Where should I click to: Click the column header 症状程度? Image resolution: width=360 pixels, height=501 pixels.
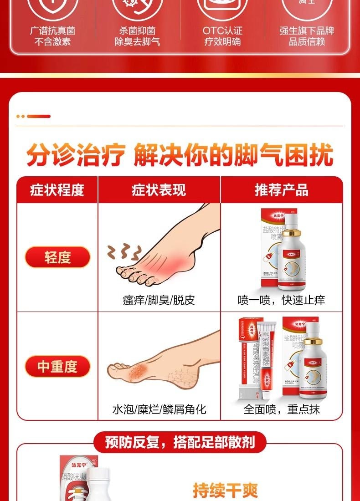pyautogui.click(x=57, y=190)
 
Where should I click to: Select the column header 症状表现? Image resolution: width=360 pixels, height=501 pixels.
pyautogui.click(x=159, y=190)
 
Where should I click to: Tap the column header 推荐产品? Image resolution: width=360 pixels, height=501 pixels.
pyautogui.click(x=281, y=190)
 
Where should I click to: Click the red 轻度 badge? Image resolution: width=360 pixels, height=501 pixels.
pyautogui.click(x=57, y=257)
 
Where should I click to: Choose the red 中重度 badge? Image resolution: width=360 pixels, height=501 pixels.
pyautogui.click(x=57, y=367)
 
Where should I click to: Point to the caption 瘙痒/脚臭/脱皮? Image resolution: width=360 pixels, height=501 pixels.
pyautogui.click(x=159, y=300)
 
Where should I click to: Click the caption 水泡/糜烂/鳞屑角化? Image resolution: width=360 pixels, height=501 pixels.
pyautogui.click(x=159, y=409)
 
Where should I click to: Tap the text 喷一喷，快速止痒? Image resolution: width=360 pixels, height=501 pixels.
pyautogui.click(x=281, y=300)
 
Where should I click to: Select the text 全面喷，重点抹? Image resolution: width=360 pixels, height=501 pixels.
pyautogui.click(x=281, y=409)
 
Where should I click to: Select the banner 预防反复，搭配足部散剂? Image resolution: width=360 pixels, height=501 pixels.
pyautogui.click(x=180, y=442)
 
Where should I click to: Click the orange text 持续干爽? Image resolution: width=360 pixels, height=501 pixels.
pyautogui.click(x=225, y=491)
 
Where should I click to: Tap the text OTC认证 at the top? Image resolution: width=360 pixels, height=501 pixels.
pyautogui.click(x=222, y=31)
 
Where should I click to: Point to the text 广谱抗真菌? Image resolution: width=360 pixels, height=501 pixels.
pyautogui.click(x=52, y=31)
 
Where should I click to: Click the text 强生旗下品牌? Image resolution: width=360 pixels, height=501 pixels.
pyautogui.click(x=307, y=31)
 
